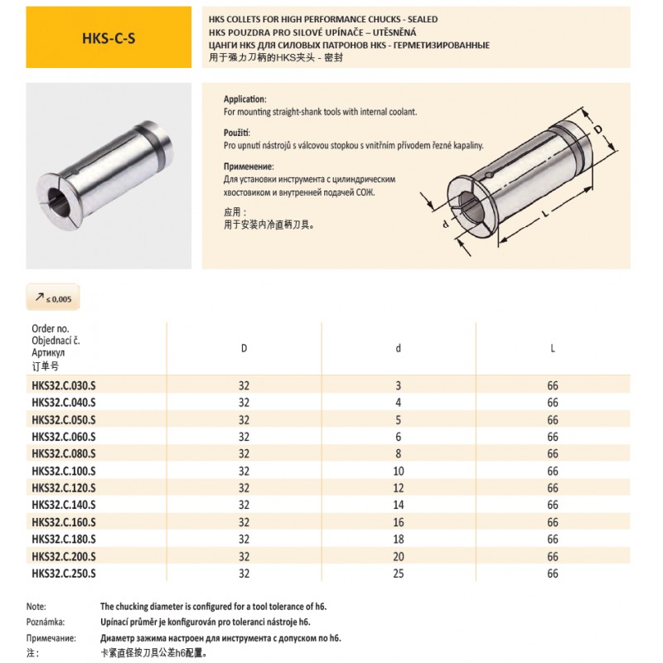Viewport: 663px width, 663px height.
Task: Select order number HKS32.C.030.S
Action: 64,385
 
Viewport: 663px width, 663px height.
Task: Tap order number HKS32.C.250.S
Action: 64,573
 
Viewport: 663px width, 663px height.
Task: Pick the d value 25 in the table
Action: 399,573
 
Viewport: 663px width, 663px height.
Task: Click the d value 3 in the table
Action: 399,385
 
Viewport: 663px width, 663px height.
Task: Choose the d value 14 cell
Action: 399,505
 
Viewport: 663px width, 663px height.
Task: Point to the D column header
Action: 244,348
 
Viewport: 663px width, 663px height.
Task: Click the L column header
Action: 553,348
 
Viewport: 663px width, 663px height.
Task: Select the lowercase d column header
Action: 399,348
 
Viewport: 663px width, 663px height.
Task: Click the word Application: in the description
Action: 244,98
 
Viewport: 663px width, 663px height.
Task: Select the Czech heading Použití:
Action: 237,133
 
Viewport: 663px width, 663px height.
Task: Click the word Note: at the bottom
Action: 36,607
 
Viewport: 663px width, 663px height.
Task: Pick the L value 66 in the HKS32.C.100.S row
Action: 553,471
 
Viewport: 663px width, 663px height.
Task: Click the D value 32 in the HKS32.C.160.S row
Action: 244,522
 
